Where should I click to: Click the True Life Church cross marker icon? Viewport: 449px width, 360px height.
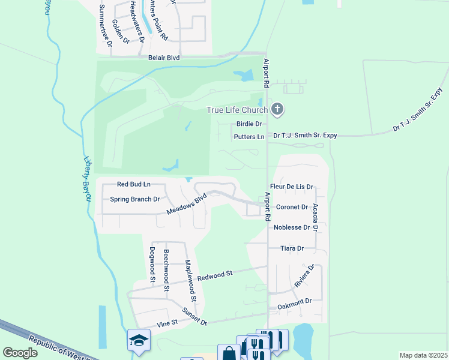(277, 109)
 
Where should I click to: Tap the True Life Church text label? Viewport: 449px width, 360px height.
(237, 110)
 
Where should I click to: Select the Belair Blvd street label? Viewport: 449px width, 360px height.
(164, 58)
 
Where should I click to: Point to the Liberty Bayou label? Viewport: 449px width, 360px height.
(88, 178)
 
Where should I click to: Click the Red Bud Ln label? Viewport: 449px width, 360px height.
(133, 184)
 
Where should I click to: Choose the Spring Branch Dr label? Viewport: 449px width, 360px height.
(135, 199)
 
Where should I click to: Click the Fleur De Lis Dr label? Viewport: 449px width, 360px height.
(292, 187)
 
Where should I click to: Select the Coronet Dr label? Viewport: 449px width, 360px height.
(292, 207)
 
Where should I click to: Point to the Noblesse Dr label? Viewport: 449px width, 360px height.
(291, 227)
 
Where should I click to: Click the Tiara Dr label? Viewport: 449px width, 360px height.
(292, 248)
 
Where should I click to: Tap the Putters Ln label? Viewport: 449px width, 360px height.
(249, 137)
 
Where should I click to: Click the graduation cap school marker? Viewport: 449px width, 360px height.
(139, 340)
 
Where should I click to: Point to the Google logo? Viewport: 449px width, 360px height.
(20, 353)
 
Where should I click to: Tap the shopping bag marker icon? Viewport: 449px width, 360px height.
(229, 353)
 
